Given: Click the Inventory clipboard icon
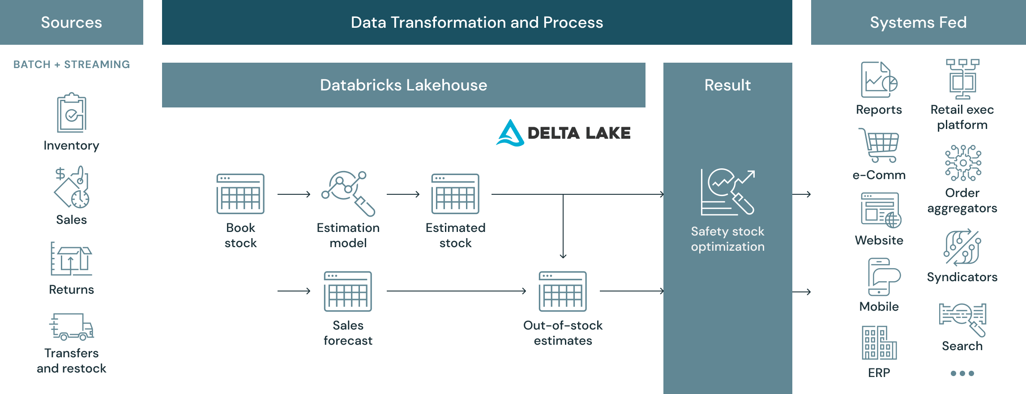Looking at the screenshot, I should click(72, 113).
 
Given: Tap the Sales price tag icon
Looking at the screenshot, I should click(72, 187).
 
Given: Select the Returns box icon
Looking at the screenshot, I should click(71, 260).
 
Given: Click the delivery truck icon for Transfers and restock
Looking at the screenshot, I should click(72, 327).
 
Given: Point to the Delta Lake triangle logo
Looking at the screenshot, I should click(510, 133).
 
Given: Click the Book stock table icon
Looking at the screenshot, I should click(240, 194).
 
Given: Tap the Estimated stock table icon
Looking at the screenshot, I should click(455, 194).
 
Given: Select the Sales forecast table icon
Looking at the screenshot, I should click(348, 291).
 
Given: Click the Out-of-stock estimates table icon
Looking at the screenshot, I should click(563, 291).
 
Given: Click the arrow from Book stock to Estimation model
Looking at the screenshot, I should click(294, 194).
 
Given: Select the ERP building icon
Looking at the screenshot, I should click(879, 343).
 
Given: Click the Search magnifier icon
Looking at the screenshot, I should click(962, 319).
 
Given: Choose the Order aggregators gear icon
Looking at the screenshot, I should click(963, 163).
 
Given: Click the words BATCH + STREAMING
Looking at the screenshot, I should click(72, 64).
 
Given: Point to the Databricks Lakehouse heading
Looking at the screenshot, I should click(403, 85).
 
